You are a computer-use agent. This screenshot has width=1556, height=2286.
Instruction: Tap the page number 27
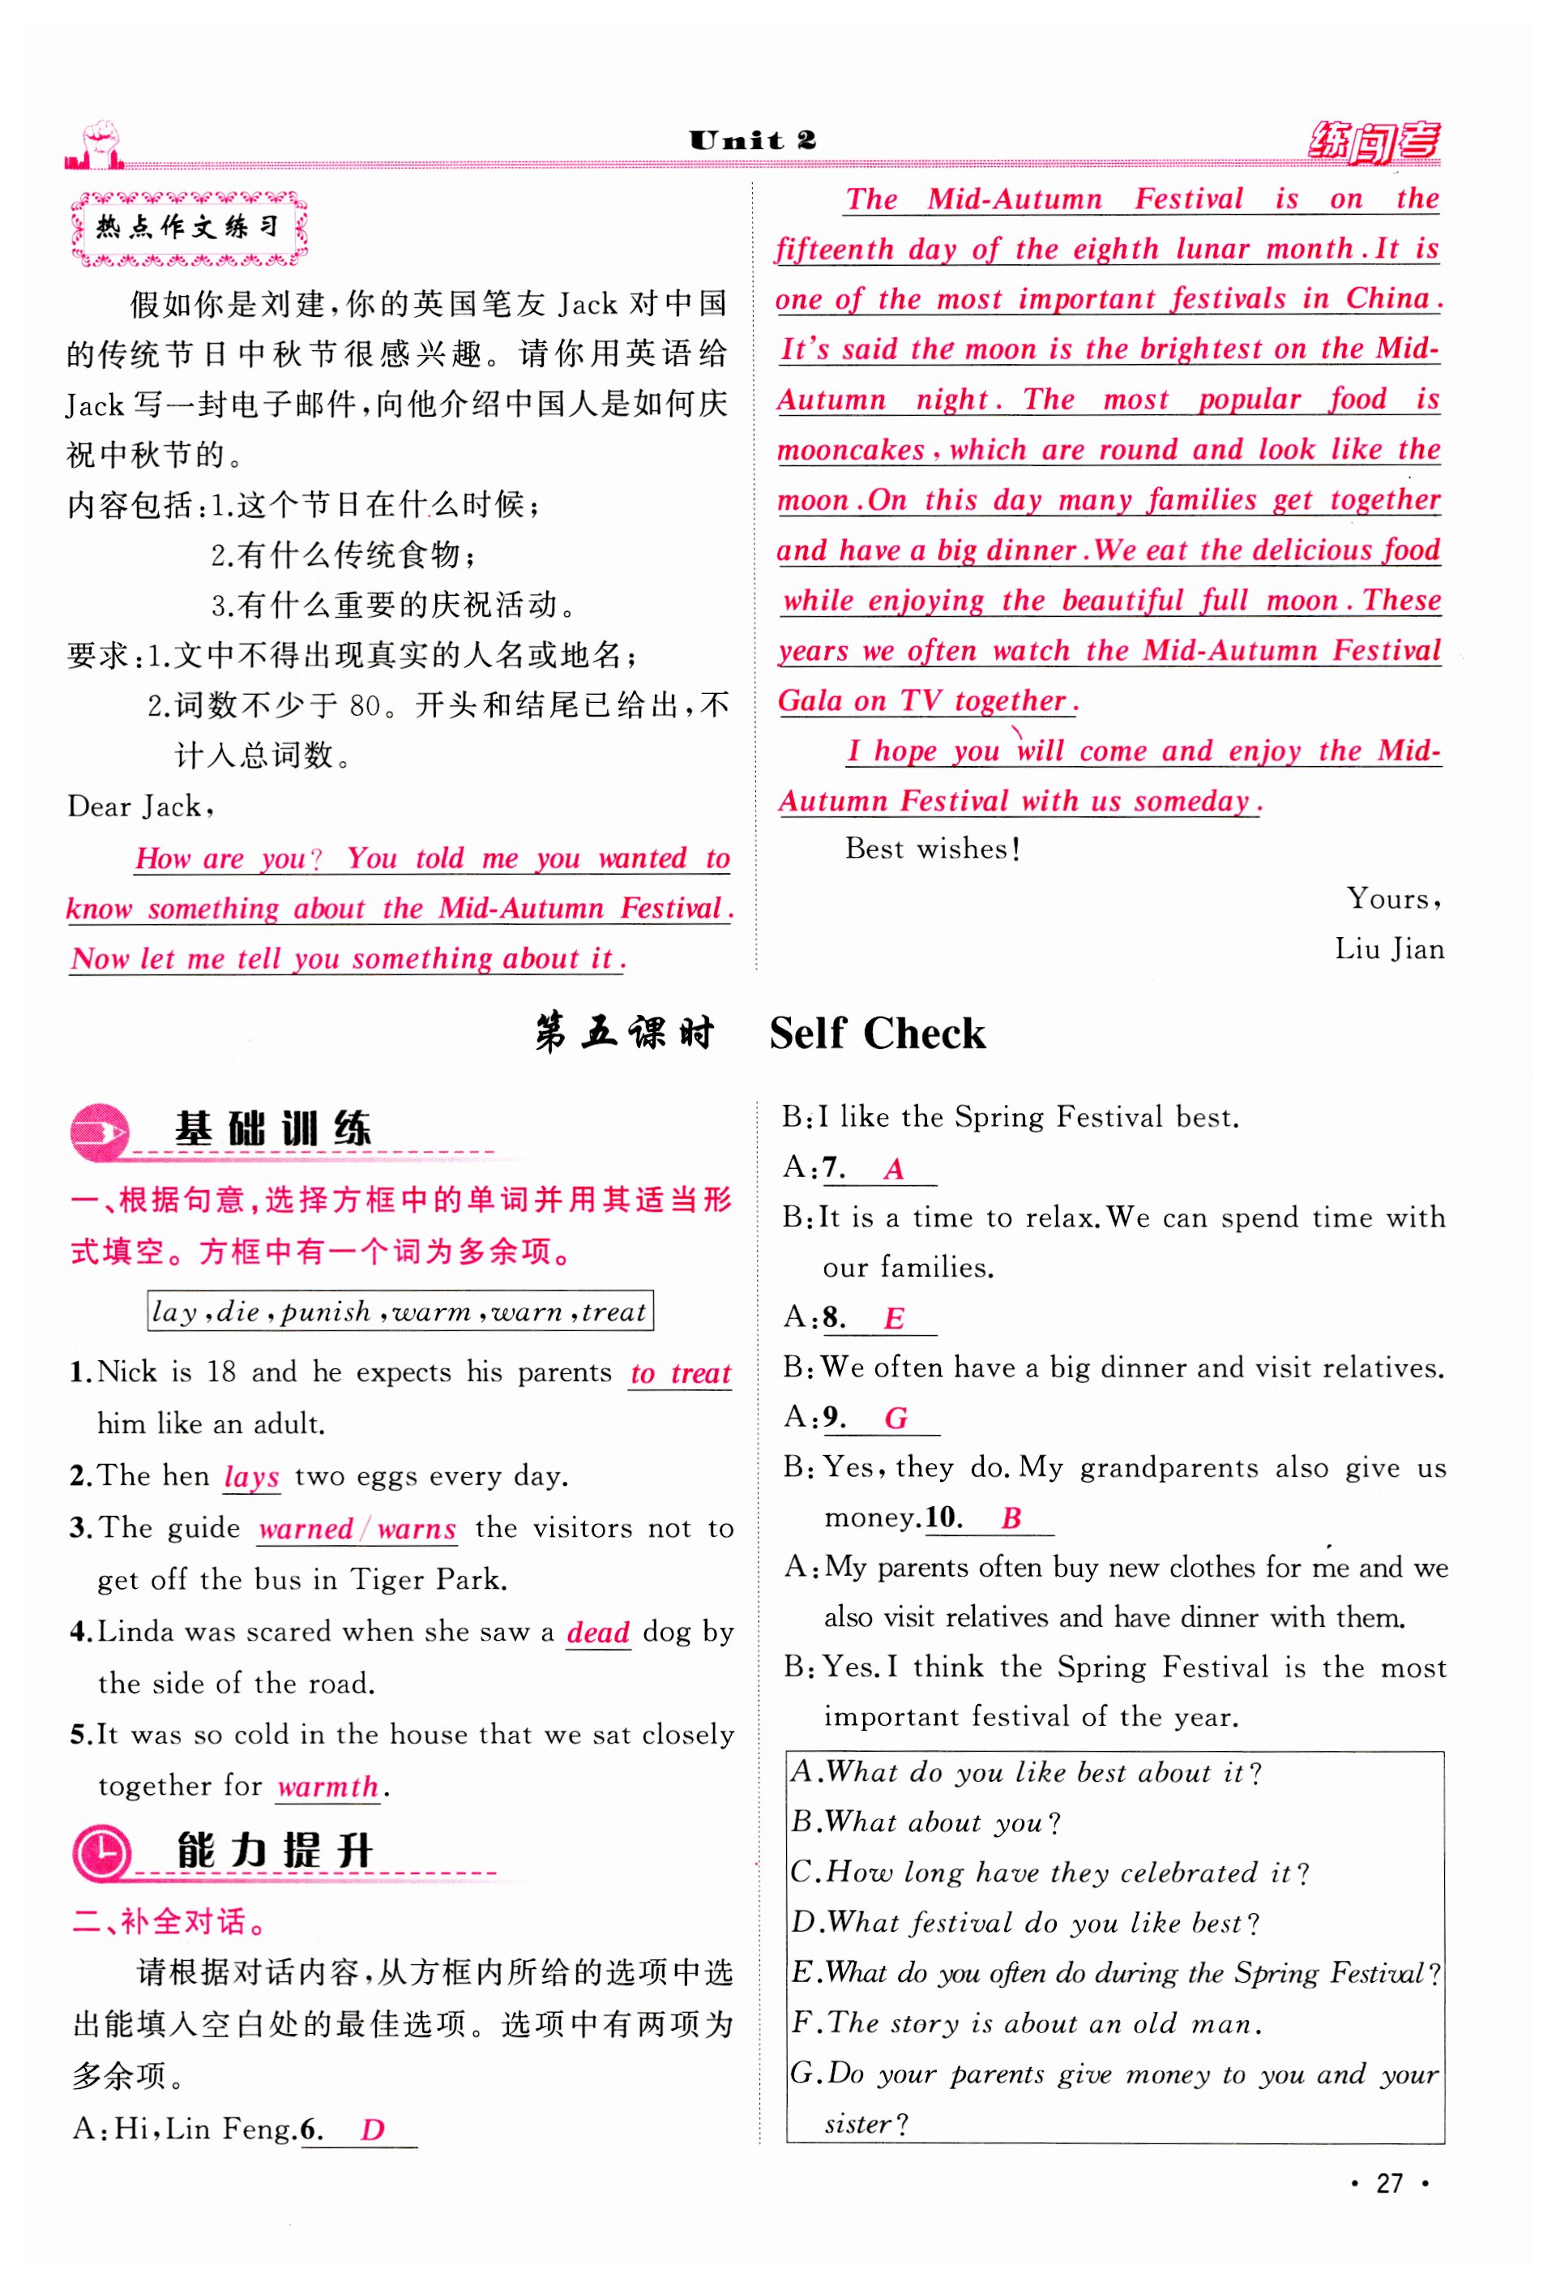coord(1389,2184)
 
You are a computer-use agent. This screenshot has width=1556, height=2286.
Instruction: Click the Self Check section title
coord(876,1034)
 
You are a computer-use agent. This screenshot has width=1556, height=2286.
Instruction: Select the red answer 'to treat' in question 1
coord(681,1373)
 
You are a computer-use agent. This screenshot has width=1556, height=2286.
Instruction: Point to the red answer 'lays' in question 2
coord(252,1478)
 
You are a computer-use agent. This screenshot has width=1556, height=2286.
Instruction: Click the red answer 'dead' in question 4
coord(598,1633)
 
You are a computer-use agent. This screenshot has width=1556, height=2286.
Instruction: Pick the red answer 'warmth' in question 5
coord(327,1787)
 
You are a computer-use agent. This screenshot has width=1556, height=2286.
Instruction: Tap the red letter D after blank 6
coord(372,2130)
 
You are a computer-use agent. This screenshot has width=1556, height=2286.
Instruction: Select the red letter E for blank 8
coord(893,1318)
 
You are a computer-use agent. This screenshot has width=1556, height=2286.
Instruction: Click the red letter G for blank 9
coord(895,1419)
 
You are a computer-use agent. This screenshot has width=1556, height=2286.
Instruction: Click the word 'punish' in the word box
coord(326,1312)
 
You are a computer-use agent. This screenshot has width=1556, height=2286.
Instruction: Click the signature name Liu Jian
coord(1389,949)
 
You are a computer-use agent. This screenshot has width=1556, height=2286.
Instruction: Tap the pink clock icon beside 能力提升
coord(101,1852)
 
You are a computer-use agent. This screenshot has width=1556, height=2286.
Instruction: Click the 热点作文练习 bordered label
coord(189,229)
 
